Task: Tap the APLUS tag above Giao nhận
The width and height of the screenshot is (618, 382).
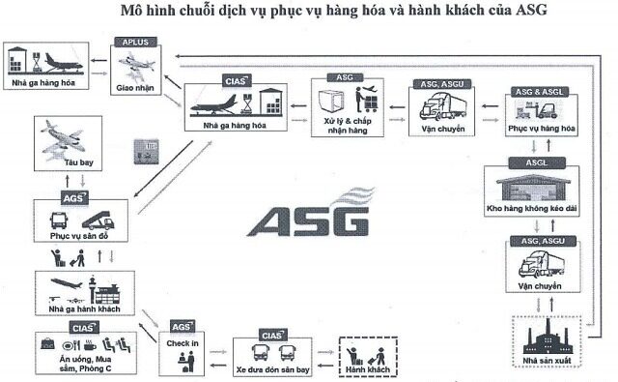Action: click(x=136, y=43)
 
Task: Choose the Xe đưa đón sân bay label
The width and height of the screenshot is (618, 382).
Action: click(x=272, y=368)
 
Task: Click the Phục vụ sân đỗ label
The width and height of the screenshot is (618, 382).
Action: click(x=76, y=235)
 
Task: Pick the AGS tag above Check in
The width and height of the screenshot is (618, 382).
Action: click(x=183, y=327)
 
